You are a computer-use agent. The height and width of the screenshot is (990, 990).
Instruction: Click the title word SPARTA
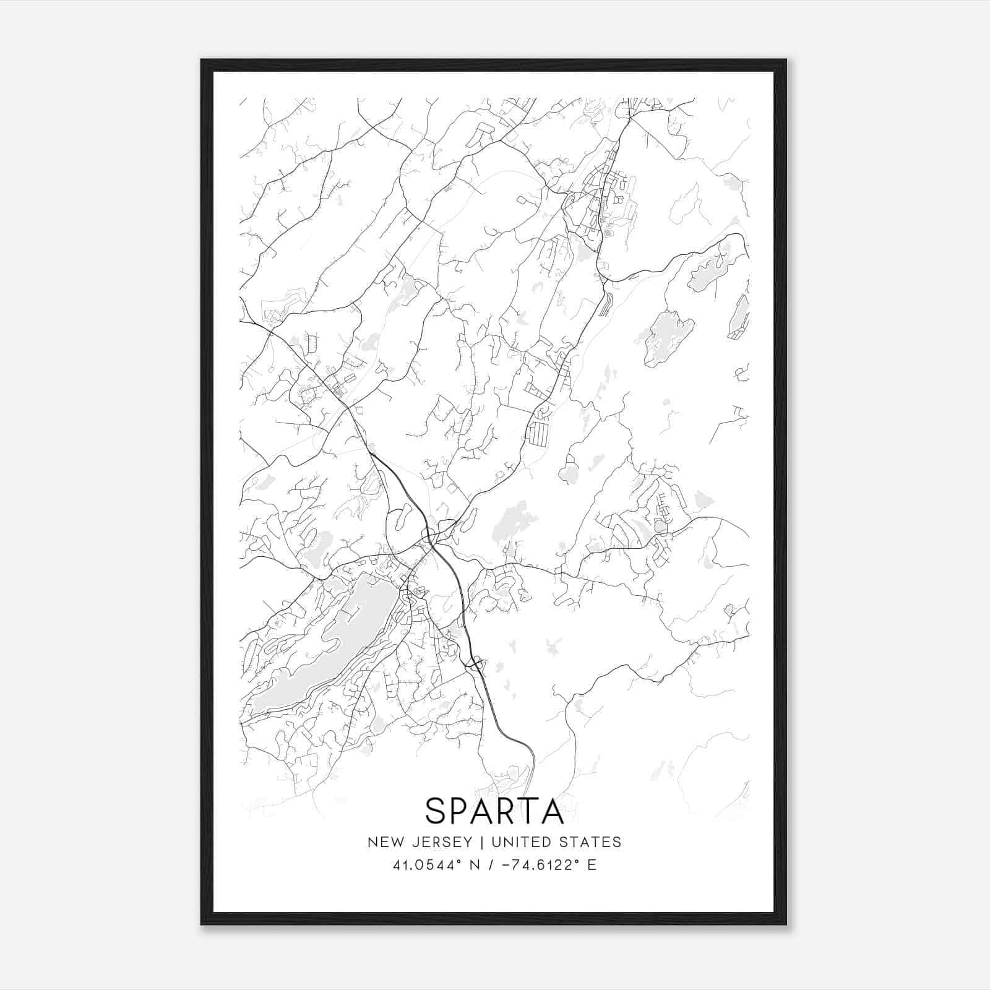(494, 811)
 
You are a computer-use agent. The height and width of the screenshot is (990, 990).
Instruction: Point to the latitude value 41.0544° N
(430, 865)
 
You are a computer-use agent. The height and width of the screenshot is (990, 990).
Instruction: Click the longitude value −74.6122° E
(544, 865)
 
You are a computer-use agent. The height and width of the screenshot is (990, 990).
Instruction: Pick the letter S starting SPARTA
(436, 811)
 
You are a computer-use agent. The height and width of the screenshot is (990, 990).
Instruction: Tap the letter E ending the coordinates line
(592, 865)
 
